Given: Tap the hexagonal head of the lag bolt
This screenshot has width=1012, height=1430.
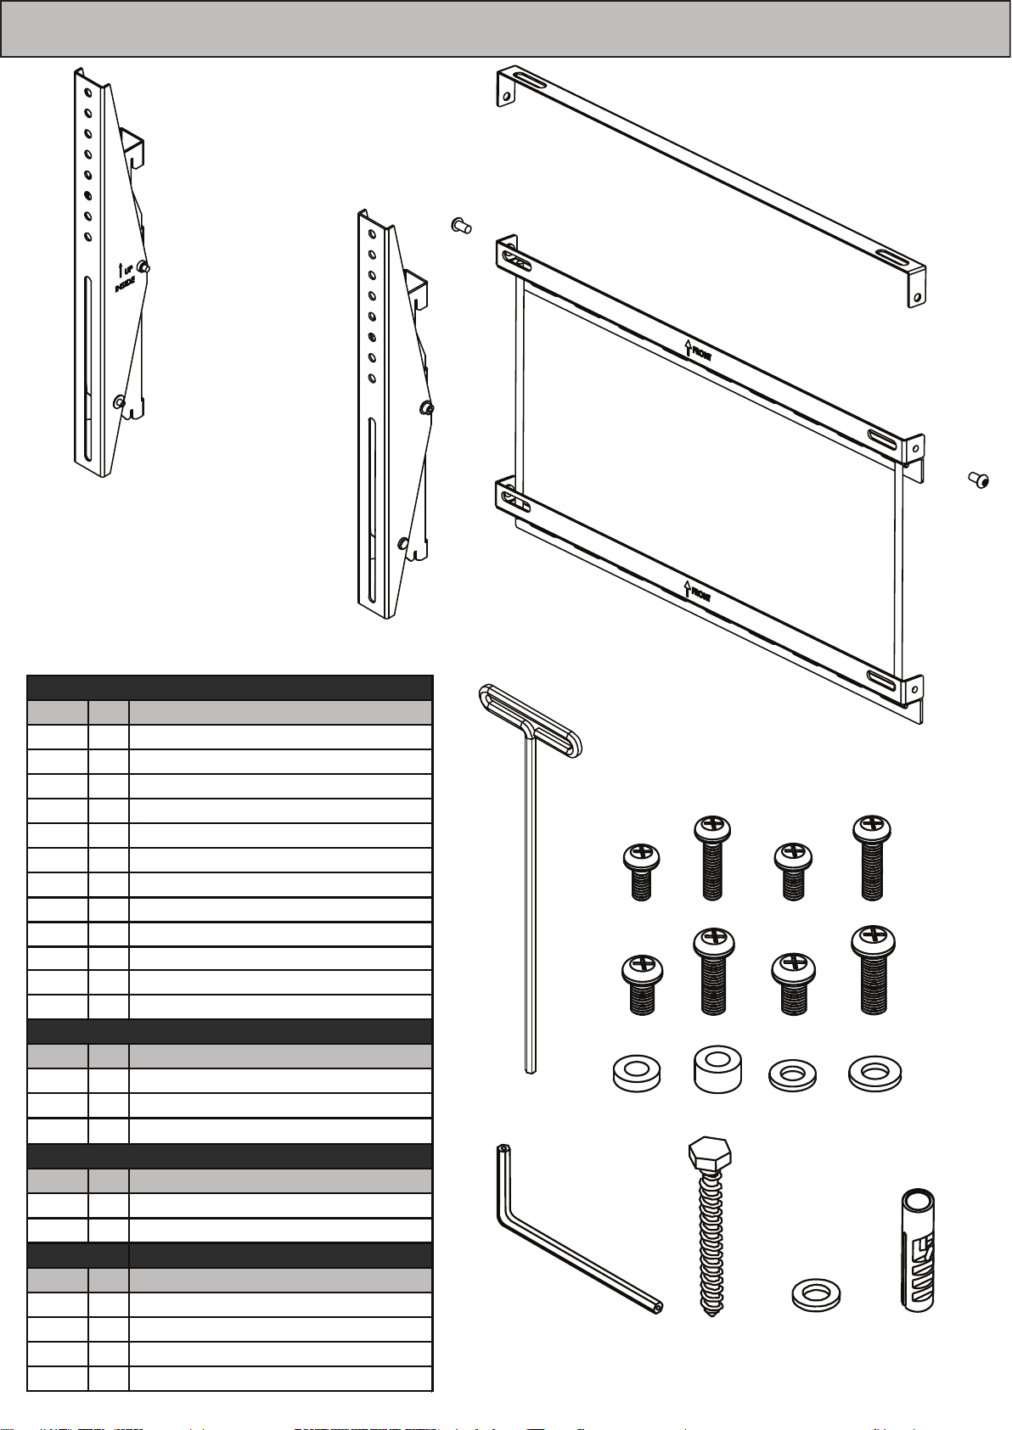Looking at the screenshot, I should click(709, 1154).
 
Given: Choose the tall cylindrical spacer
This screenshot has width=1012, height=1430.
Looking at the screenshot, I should click(717, 1068).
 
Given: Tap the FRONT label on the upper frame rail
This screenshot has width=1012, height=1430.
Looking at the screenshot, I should click(698, 350).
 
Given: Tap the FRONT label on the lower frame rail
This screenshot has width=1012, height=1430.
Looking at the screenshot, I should click(698, 591).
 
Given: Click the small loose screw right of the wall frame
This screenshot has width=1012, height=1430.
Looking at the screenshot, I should click(980, 480).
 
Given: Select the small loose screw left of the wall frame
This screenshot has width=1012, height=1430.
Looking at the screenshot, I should click(459, 225).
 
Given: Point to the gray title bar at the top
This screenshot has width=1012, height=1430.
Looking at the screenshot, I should click(505, 30).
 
